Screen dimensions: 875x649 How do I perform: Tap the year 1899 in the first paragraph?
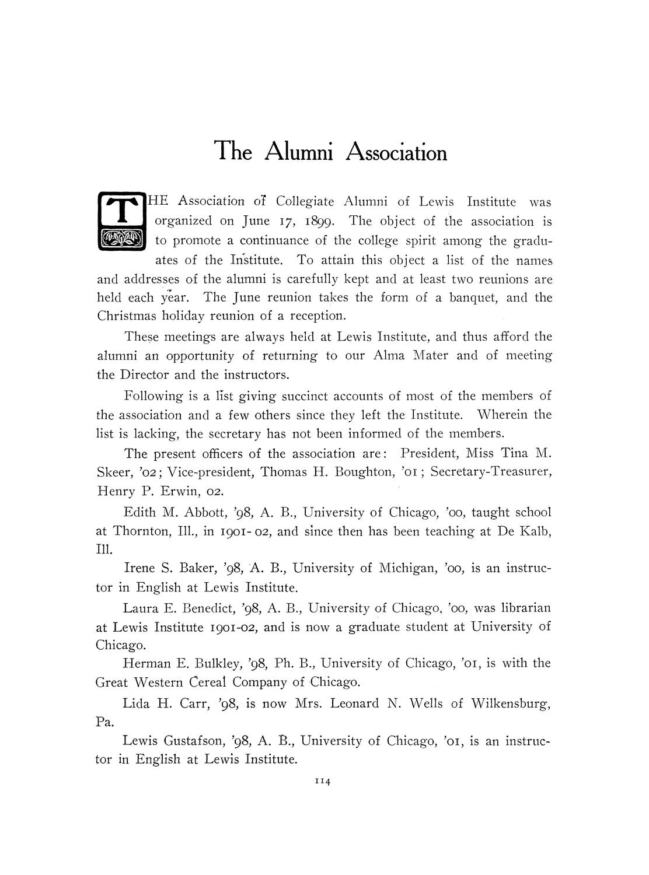(316, 222)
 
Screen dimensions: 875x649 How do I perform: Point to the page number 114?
(323, 783)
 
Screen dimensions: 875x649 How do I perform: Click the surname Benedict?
(207, 608)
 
